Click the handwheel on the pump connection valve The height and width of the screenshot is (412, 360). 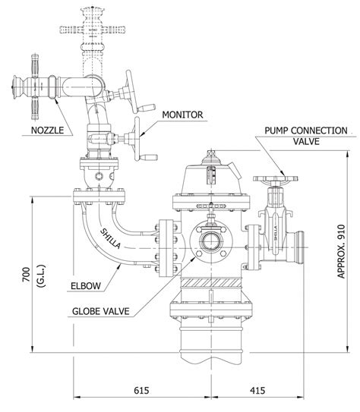tap(274, 182)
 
